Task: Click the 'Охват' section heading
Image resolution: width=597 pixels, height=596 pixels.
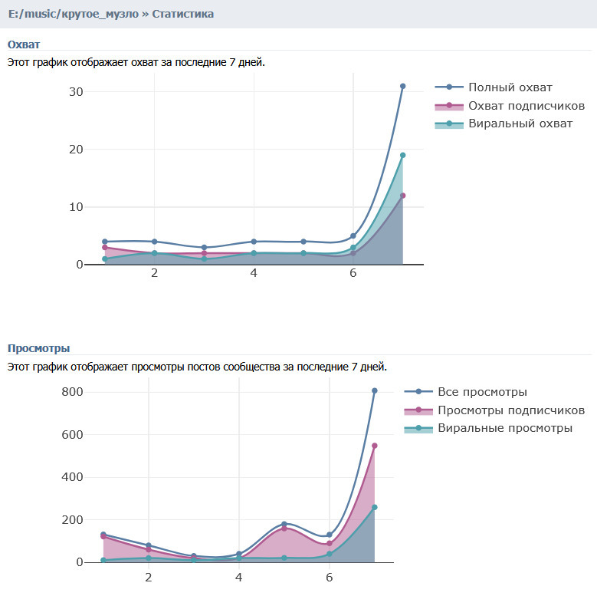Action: [24, 44]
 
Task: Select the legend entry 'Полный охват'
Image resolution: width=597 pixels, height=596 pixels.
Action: [510, 87]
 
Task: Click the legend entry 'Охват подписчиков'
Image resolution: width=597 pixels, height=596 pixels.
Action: [526, 105]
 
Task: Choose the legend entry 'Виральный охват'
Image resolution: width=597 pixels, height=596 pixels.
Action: [520, 123]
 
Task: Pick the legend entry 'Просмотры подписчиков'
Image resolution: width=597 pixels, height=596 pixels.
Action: [511, 410]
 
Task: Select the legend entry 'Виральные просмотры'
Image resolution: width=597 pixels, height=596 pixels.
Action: [505, 428]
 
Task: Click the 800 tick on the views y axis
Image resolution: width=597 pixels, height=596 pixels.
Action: [73, 392]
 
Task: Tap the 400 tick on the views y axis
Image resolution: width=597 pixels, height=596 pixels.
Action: [73, 477]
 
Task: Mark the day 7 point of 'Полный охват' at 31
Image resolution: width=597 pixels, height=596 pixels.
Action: [402, 86]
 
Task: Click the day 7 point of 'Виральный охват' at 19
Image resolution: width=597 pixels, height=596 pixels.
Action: [402, 155]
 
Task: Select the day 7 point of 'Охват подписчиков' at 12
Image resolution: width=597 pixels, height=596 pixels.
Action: [402, 196]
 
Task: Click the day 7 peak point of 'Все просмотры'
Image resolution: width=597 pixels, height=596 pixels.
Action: [375, 390]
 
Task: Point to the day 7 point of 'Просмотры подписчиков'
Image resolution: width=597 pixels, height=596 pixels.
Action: [375, 446]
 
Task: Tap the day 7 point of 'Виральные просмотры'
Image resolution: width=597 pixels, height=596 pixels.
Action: [375, 507]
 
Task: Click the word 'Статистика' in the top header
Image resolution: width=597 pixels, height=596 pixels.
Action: [183, 14]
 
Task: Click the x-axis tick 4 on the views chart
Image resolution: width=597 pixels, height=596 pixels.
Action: [239, 577]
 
